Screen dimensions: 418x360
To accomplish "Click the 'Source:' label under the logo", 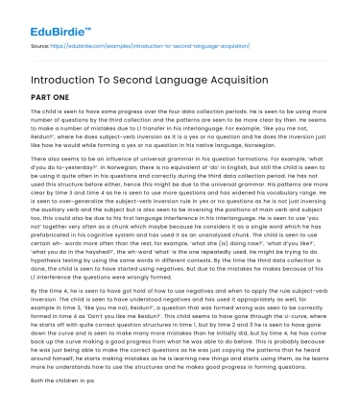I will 41,44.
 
